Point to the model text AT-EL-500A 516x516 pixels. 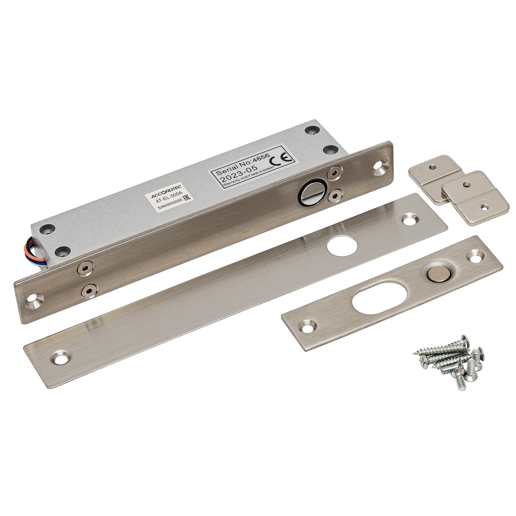(168, 201)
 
